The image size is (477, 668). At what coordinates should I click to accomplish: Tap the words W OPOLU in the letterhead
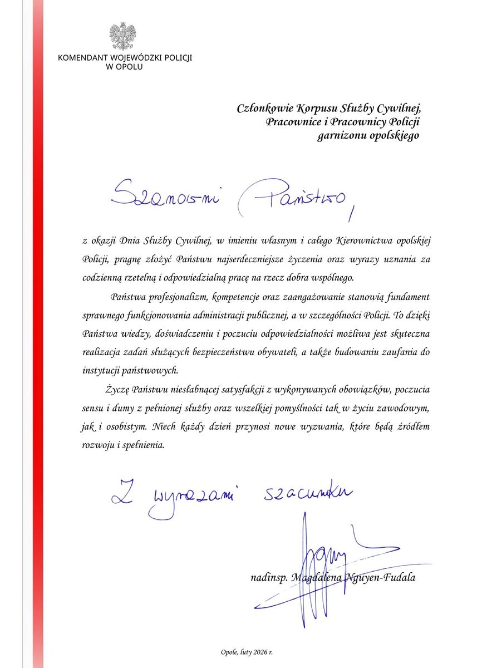124,67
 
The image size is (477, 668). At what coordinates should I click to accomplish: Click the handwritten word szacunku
306,493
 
